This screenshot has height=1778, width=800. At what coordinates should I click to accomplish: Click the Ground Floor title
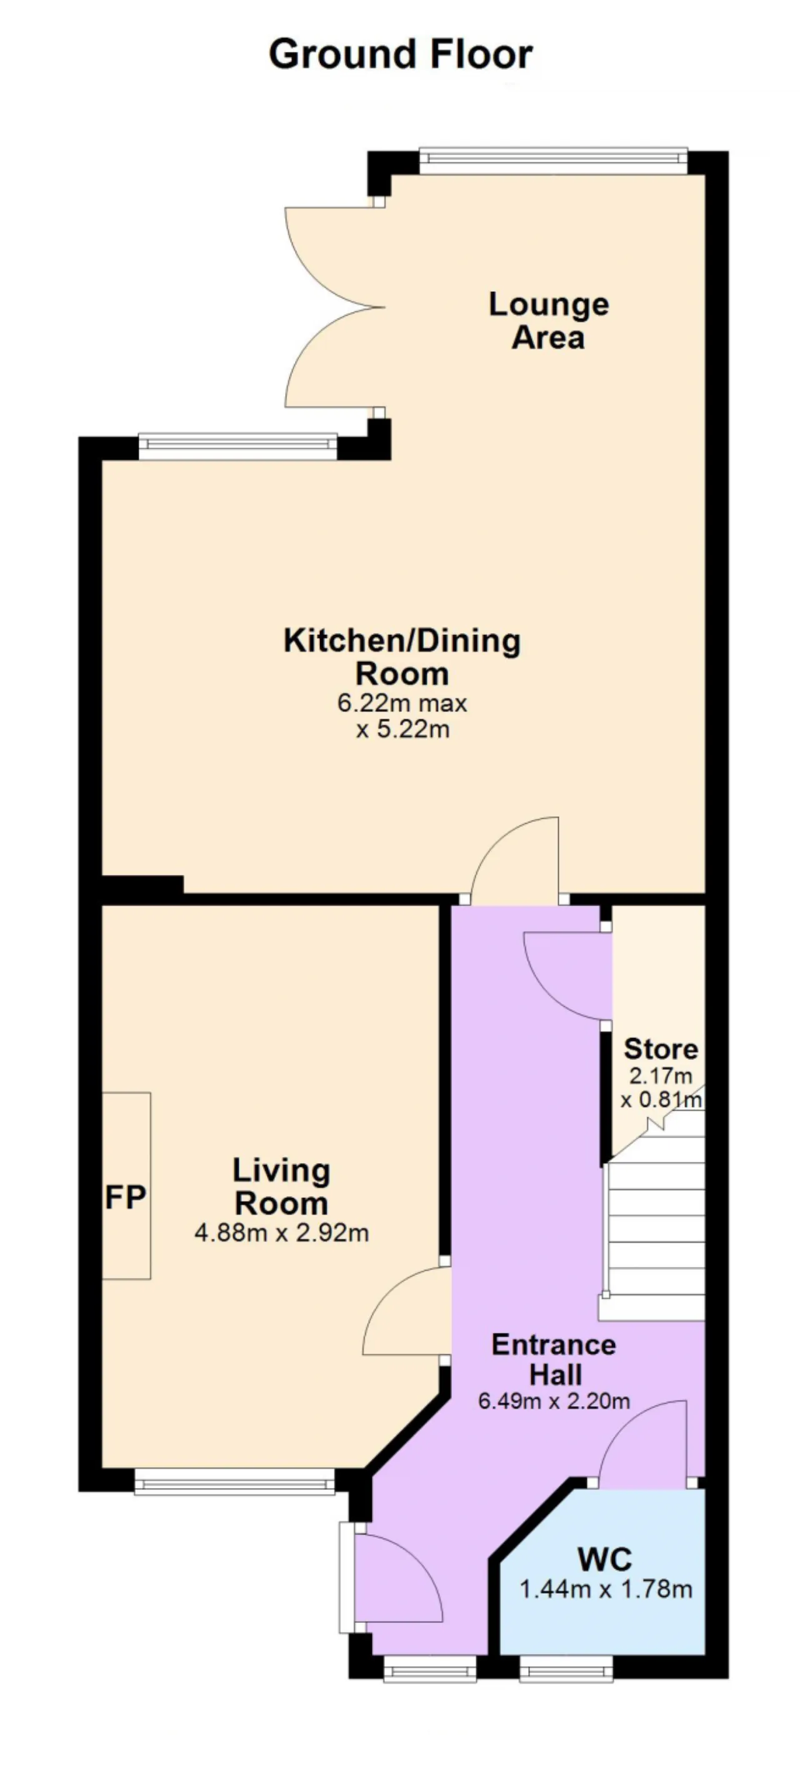coord(401,54)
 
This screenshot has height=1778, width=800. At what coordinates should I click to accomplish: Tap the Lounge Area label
coord(549,321)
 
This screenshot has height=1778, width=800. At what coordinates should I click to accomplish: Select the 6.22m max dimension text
coord(402,703)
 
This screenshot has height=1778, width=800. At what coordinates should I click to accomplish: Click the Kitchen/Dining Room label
coord(402,656)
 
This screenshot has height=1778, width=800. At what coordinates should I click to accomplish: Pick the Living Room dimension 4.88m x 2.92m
coord(282,1233)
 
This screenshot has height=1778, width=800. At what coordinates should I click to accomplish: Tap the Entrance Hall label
coord(554,1359)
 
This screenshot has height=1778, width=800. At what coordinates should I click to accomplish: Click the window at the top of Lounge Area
coord(554,160)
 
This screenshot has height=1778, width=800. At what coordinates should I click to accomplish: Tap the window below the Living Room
coord(234,1481)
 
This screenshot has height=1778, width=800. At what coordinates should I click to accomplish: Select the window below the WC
coord(566,1670)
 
